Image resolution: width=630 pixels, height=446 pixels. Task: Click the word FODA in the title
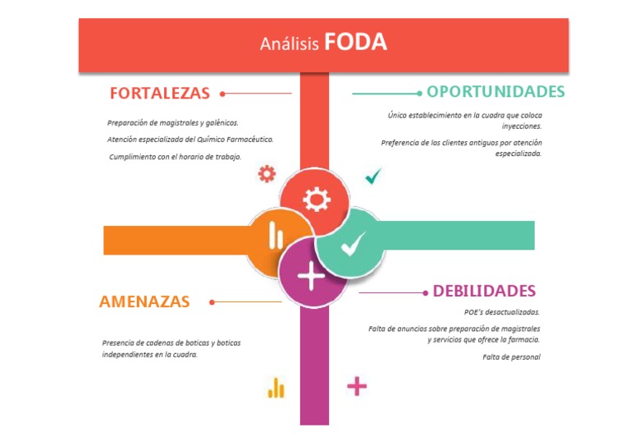click(355, 42)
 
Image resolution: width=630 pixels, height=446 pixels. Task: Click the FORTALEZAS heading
click(160, 93)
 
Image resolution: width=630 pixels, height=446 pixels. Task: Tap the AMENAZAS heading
click(144, 301)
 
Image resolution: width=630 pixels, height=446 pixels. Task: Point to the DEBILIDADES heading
click(484, 291)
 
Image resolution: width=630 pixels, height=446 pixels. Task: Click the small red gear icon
click(267, 173)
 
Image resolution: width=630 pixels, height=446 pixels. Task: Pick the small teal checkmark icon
click(373, 176)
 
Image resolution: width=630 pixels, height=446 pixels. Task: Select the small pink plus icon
click(357, 386)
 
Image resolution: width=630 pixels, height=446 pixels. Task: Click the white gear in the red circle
click(316, 200)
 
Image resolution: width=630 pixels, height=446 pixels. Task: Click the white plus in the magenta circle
click(312, 275)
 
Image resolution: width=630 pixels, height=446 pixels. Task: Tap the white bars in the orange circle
click(276, 238)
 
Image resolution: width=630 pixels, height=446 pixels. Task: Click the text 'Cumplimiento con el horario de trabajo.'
click(176, 157)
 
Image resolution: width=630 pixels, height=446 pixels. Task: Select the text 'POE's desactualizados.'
click(502, 312)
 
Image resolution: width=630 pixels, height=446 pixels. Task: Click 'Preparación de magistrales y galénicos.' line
click(173, 122)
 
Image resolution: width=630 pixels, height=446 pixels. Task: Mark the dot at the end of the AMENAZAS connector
click(212, 302)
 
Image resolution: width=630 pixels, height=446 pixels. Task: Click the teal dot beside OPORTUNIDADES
click(419, 93)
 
